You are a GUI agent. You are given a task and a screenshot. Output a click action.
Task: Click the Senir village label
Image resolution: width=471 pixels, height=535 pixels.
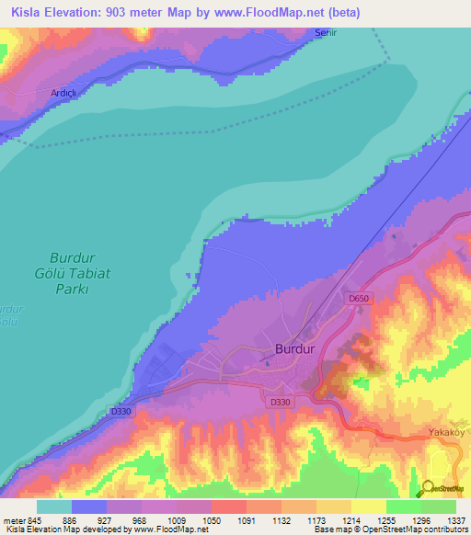(x=326, y=32)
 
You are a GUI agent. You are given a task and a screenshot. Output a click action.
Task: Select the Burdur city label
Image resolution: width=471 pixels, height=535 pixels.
(x=295, y=349)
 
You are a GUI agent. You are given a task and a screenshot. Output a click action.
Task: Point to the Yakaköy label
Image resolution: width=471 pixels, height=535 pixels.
(x=449, y=431)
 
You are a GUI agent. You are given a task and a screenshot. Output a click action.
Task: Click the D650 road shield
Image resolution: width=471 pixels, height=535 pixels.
(x=358, y=298)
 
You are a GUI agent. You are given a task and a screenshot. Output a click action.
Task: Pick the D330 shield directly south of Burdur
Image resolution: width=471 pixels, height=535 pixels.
(x=280, y=403)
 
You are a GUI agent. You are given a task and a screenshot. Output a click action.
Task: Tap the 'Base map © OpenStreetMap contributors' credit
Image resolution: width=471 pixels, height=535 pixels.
(x=391, y=529)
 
